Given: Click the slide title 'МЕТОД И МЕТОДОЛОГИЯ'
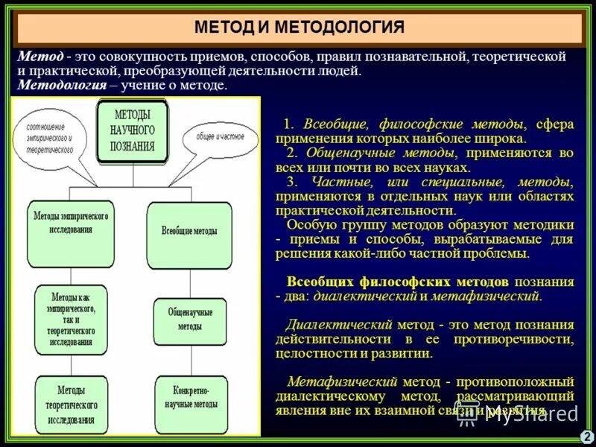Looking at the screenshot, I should (x=299, y=28).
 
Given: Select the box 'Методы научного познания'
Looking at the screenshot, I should (x=133, y=130).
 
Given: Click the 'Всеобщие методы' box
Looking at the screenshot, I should (x=189, y=231).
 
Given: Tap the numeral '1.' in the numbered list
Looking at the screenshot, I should (x=289, y=124).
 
